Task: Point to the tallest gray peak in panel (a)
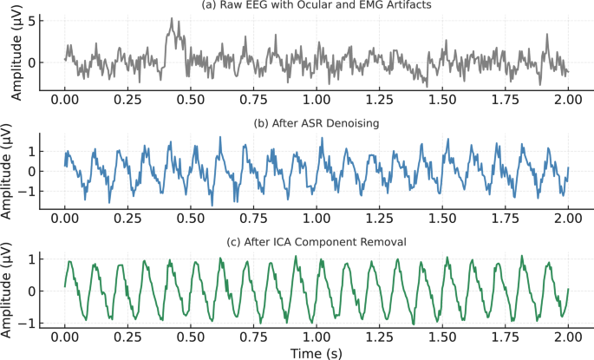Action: pyautogui.click(x=172, y=19)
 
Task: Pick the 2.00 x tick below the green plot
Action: pyautogui.click(x=568, y=336)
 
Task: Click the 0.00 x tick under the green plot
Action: pyautogui.click(x=64, y=336)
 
